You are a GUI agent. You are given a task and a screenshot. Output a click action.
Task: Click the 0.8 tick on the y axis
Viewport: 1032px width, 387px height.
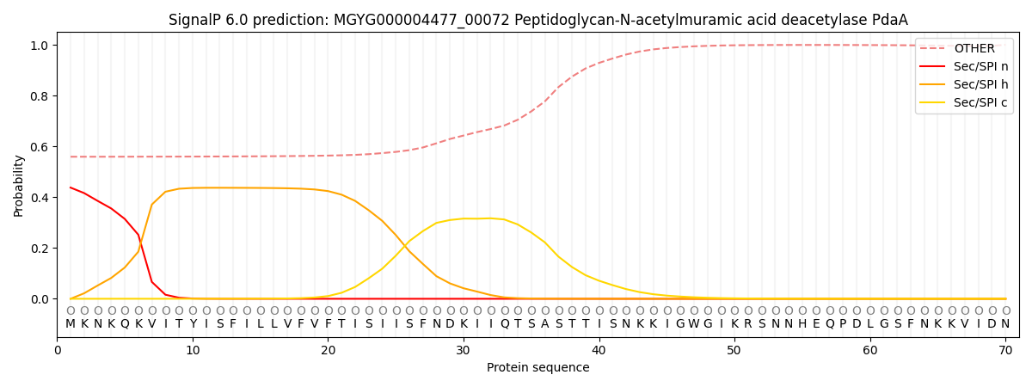[x=40, y=96]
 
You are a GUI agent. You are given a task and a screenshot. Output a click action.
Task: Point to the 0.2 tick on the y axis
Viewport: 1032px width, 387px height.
[x=40, y=249]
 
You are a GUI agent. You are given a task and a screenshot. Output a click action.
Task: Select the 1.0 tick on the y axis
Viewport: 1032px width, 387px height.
[x=40, y=46]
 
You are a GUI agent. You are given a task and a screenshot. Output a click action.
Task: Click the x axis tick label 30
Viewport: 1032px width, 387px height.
[x=464, y=350]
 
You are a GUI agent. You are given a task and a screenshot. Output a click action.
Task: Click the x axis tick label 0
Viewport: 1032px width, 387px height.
[x=58, y=350]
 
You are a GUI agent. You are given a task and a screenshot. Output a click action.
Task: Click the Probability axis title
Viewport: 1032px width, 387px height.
[x=19, y=185]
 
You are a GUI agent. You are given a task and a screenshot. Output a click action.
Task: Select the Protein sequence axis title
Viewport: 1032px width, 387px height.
[x=537, y=368]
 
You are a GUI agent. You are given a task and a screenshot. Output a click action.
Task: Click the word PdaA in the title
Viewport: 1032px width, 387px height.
[x=890, y=20]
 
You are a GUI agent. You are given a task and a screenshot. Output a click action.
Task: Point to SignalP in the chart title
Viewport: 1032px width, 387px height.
[x=194, y=20]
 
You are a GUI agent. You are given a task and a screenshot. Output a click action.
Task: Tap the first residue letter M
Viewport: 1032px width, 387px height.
[x=71, y=324]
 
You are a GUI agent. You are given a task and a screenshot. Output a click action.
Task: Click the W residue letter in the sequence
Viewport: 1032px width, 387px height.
[x=694, y=324]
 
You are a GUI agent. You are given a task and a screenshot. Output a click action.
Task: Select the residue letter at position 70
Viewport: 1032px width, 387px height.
[x=1005, y=324]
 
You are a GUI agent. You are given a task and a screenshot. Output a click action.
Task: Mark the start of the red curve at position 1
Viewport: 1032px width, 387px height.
[x=71, y=187]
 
